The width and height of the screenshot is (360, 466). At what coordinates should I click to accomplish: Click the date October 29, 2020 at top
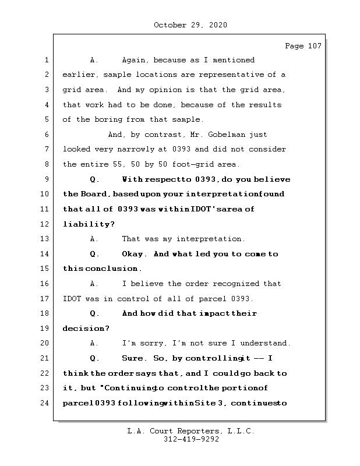point(190,25)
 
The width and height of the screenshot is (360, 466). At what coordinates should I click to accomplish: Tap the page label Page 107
point(303,46)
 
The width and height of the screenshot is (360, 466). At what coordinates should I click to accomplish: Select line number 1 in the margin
point(45,60)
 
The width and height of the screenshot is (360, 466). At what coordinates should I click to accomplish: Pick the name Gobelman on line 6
point(233,135)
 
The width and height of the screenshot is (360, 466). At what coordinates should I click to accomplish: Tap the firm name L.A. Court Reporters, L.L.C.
point(190,432)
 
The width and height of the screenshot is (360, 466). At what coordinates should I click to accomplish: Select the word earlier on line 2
point(79,75)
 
